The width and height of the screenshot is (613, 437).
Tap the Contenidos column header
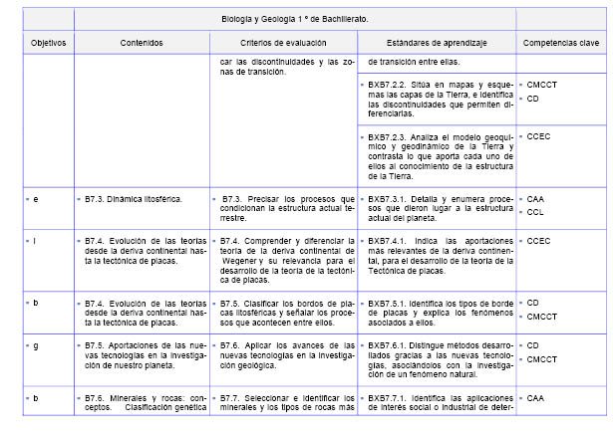142,44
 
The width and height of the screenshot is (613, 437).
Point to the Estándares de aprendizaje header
438,44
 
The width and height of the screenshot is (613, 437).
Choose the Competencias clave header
562,44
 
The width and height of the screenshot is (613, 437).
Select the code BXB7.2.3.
388,137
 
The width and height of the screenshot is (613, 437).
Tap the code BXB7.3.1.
388,199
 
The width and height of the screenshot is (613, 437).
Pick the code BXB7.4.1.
388,241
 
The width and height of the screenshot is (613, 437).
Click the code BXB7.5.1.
388,303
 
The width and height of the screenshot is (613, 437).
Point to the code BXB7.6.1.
388,345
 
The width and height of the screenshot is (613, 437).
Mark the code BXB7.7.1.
388,398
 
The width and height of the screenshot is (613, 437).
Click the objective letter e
36,199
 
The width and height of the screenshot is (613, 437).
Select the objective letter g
36,345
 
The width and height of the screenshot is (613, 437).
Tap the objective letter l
36,241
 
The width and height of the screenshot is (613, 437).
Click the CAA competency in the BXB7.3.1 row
536,199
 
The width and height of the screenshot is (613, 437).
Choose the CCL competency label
536,212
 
